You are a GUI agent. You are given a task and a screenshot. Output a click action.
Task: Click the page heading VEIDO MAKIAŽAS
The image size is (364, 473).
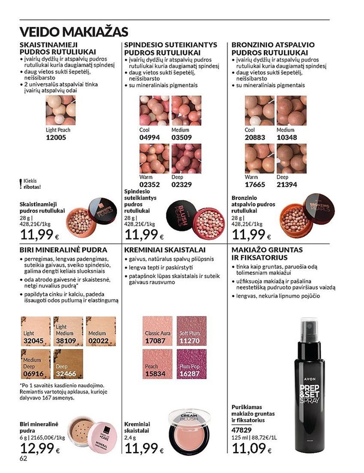click(74, 32)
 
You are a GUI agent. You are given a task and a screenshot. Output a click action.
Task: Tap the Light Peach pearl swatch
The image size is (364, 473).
click(60, 110)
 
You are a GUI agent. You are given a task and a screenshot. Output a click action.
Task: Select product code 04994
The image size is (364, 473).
click(150, 137)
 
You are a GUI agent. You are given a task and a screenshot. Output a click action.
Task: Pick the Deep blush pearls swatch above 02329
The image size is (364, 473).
click(186, 158)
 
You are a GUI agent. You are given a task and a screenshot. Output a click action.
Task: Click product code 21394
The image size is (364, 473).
click(287, 185)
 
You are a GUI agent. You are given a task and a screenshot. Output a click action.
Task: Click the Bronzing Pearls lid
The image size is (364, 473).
click(319, 207)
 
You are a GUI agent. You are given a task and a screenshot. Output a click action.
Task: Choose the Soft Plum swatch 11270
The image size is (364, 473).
click(191, 331)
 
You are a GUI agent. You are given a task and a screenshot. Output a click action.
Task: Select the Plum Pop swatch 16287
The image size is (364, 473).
click(191, 364)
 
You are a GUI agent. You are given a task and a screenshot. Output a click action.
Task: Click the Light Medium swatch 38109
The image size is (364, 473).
click(68, 331)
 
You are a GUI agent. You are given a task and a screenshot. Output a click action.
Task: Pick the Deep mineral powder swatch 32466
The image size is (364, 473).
click(68, 364)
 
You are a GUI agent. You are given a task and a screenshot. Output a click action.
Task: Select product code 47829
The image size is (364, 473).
click(241, 430)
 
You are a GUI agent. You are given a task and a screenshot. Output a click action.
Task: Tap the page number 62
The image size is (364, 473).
click(24, 458)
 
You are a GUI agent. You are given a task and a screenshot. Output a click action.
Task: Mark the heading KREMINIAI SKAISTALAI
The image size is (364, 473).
click(165, 250)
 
